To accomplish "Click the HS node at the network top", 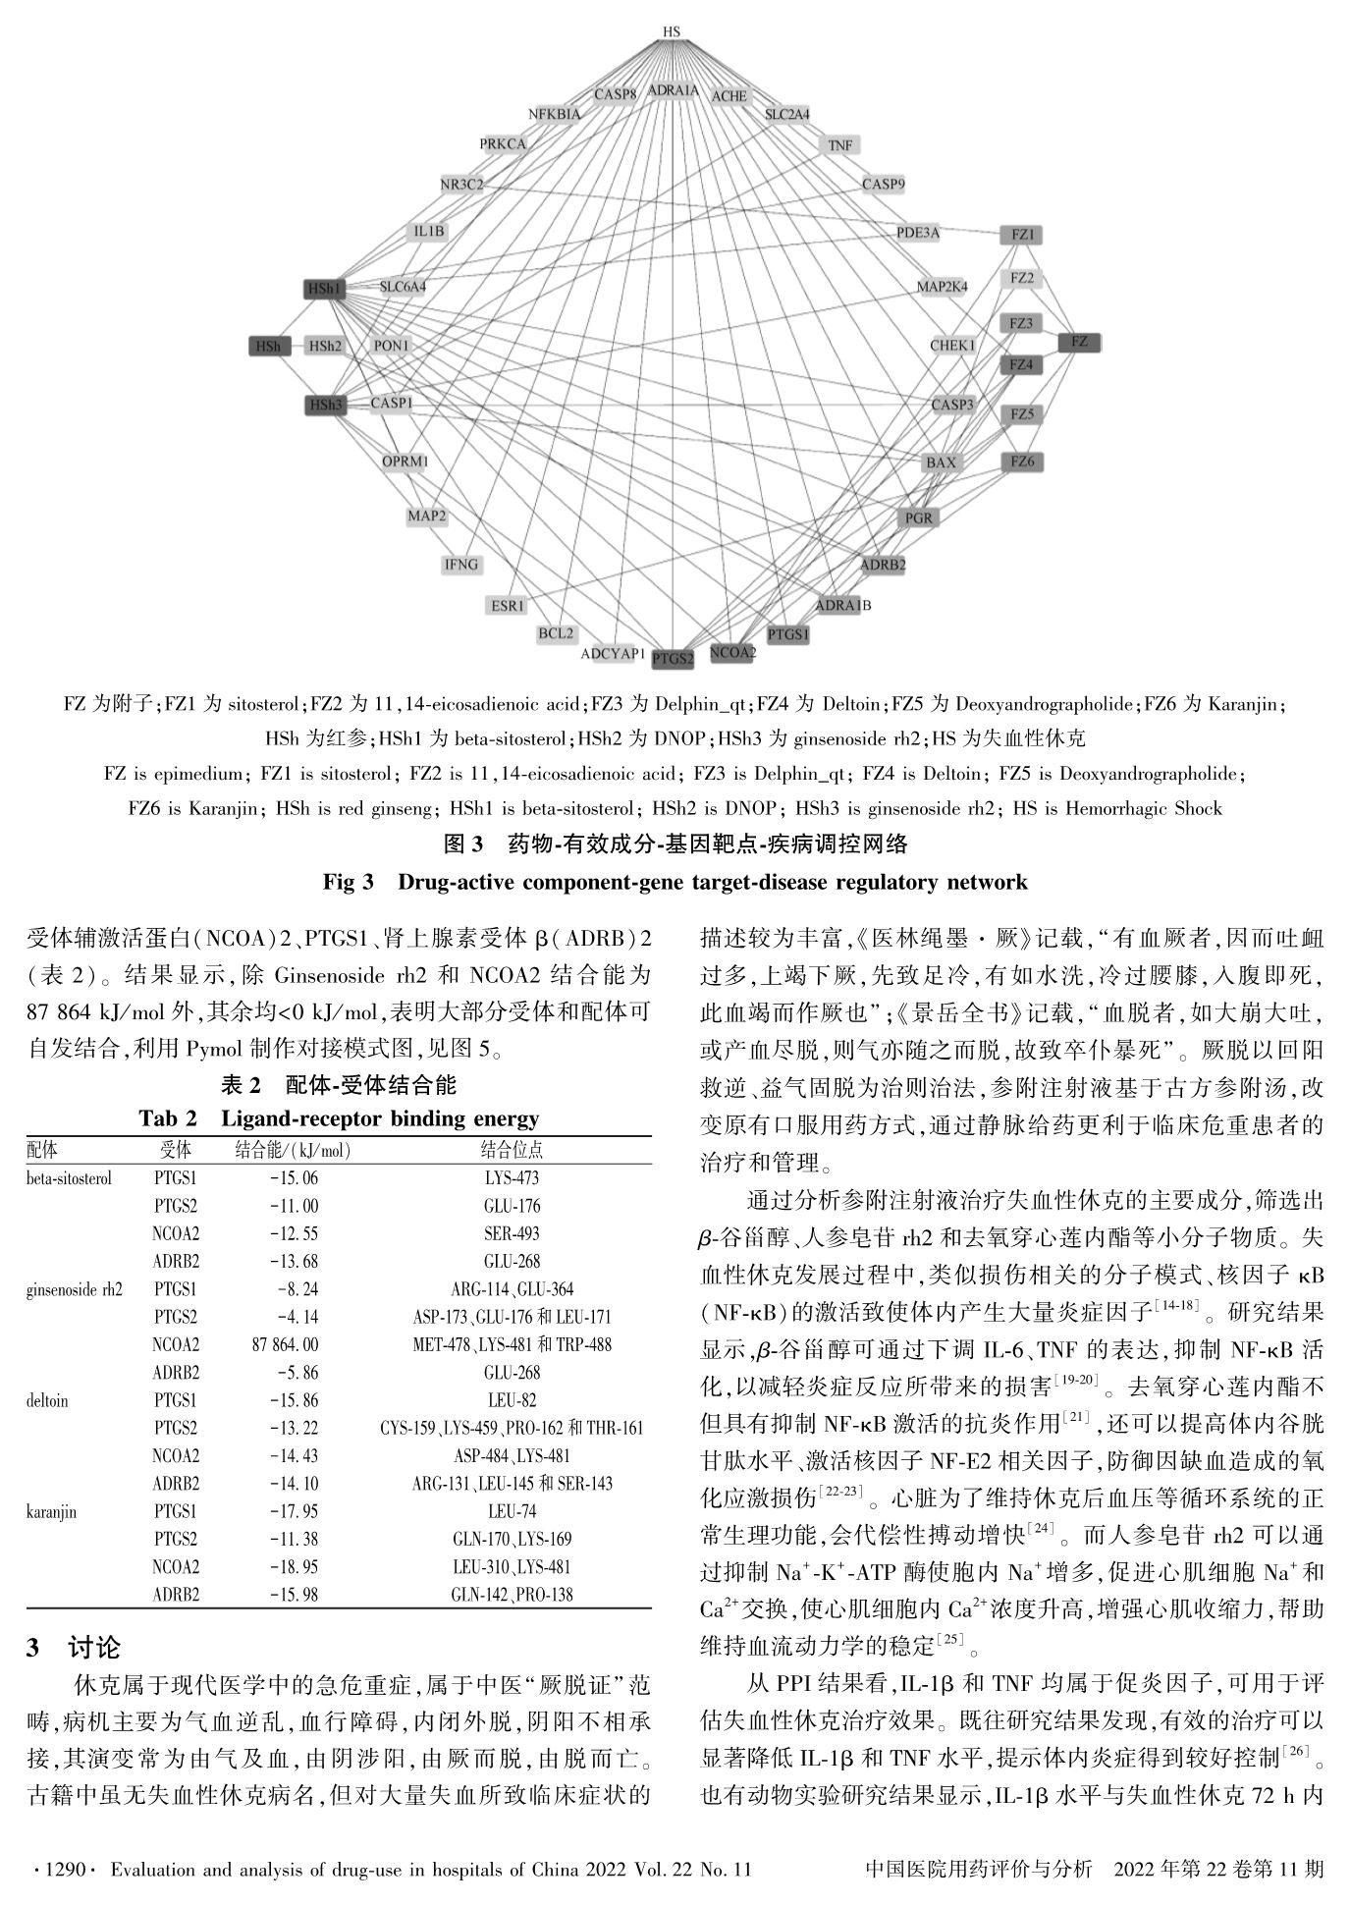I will [672, 32].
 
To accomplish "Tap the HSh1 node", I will [324, 289].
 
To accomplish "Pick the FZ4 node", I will [1021, 365].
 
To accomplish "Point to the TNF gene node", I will [840, 145].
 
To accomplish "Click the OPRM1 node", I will [405, 462].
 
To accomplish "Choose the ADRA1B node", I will [842, 606].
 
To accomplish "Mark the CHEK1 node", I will [952, 346].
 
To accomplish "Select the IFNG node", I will [461, 565].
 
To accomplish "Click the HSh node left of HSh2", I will [268, 346].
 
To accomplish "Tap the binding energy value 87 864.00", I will [285, 1344].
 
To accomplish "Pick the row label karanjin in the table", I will [51, 1512].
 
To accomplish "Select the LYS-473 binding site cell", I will [512, 1178].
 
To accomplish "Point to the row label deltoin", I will [47, 1400].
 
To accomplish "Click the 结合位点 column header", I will [512, 1150].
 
